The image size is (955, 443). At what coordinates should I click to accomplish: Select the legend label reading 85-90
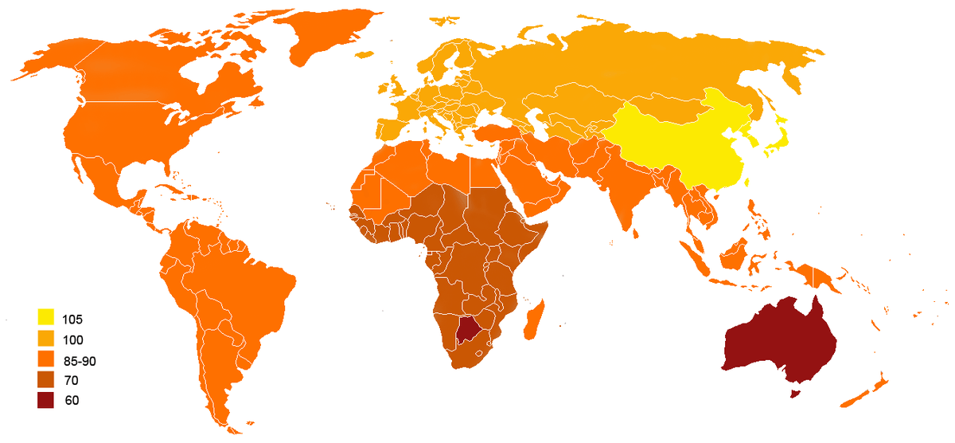click(80, 360)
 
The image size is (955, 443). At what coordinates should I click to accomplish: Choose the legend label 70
click(72, 380)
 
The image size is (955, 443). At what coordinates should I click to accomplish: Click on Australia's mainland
click(776, 339)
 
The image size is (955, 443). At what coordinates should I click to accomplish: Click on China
click(684, 143)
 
